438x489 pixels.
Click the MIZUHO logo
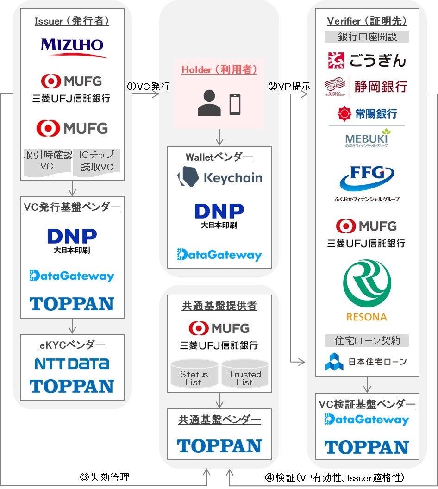pyautogui.click(x=72, y=48)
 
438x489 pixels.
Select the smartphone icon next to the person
pyautogui.click(x=235, y=104)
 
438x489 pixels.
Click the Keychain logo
pyautogui.click(x=219, y=177)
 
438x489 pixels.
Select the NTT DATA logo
pyautogui.click(x=72, y=364)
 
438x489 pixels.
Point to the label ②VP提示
pyautogui.click(x=288, y=86)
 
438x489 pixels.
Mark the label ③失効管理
pyautogui.click(x=105, y=477)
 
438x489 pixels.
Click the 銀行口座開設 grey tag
pyautogui.click(x=367, y=37)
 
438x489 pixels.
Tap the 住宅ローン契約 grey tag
pyautogui.click(x=367, y=341)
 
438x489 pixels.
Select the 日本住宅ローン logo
pyautogui.click(x=367, y=362)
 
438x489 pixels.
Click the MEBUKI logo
pyautogui.click(x=367, y=138)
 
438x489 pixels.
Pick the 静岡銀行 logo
pyautogui.click(x=367, y=86)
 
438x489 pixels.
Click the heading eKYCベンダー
pyautogui.click(x=72, y=345)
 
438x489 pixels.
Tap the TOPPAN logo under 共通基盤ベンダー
pyautogui.click(x=219, y=446)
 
